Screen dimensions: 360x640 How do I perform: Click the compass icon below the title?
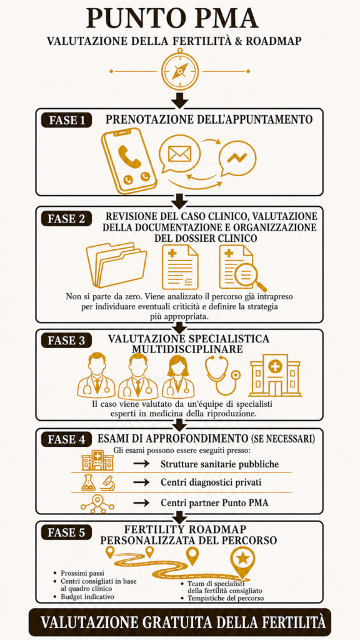coord(179,70)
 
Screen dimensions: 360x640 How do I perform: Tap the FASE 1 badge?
coord(67,121)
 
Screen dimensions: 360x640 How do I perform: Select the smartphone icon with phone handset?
coord(127,161)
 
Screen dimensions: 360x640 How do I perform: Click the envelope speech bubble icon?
coord(179,155)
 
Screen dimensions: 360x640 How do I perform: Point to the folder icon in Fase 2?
coord(117,265)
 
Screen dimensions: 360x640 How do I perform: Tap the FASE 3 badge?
coord(67,340)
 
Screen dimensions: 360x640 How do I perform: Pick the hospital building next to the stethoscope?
coord(275,375)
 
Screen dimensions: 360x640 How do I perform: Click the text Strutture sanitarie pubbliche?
coord(219,464)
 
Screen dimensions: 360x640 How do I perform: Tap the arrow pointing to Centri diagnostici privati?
coord(142,482)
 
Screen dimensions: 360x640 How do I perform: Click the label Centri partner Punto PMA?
coord(215,502)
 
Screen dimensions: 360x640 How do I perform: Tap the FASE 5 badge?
coord(67,532)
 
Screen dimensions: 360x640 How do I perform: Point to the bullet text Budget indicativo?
coord(87,597)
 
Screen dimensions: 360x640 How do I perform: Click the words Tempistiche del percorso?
coord(226,598)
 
